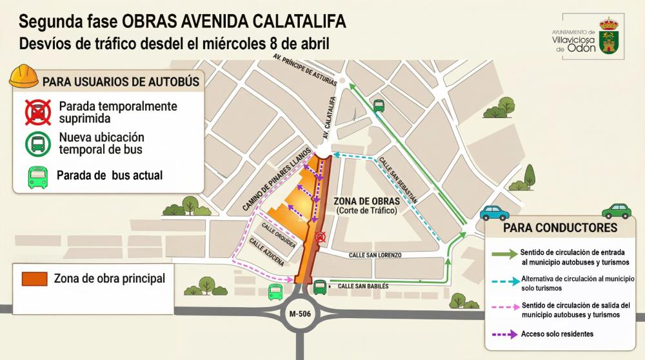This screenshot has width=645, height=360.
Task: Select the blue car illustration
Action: click(494, 213)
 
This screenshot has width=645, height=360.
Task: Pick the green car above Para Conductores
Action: click(616, 210)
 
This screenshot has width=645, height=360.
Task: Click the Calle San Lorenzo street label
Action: click(375, 255)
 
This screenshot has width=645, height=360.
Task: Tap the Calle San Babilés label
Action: click(362, 285)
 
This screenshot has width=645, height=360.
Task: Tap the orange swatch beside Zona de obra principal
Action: click(35, 279)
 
